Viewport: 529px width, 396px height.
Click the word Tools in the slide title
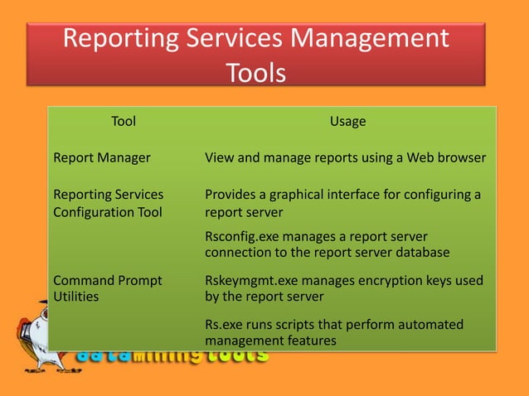[256, 73]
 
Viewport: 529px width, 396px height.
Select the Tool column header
[124, 122]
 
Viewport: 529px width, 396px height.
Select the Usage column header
[347, 122]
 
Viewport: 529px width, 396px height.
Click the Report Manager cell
[101, 157]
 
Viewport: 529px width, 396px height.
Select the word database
[422, 252]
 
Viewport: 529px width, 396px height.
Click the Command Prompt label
[108, 280]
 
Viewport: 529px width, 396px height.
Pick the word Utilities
[75, 296]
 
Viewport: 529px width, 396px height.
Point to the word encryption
[388, 280]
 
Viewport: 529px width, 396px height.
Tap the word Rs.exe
[225, 324]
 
